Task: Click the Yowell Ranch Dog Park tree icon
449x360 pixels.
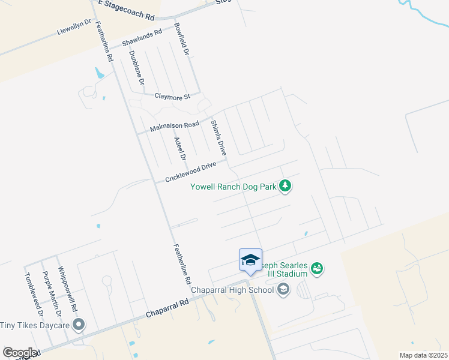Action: (286, 186)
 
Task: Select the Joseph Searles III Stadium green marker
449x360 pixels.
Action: (318, 269)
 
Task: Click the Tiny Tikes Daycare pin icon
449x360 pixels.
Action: (78, 325)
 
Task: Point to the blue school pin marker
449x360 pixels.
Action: (250, 260)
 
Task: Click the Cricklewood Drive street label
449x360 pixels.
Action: (190, 172)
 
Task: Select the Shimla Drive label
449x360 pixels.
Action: (217, 139)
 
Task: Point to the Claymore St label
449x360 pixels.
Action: (172, 96)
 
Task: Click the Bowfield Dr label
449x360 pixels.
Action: (181, 40)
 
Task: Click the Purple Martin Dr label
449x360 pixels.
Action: (51, 294)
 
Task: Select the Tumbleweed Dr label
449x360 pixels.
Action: (34, 295)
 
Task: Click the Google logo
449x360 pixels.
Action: (20, 353)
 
